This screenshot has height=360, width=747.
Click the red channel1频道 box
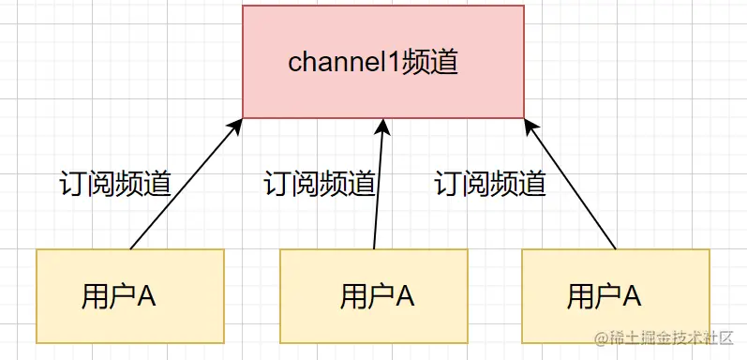tap(383, 62)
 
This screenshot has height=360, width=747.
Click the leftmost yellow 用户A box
tap(130, 295)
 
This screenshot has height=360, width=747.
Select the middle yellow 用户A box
tap(374, 295)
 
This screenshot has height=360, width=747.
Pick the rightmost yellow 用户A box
tap(615, 295)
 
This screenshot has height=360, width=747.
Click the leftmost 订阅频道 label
tap(114, 183)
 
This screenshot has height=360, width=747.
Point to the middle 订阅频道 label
tap(320, 183)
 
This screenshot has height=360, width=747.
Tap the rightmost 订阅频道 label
tap(490, 183)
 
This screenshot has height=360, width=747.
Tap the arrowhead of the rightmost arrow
tap(531, 127)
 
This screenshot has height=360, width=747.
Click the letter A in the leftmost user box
tap(146, 296)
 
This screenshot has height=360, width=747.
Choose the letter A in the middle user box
tap(405, 296)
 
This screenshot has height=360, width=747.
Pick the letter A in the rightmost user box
tap(632, 296)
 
